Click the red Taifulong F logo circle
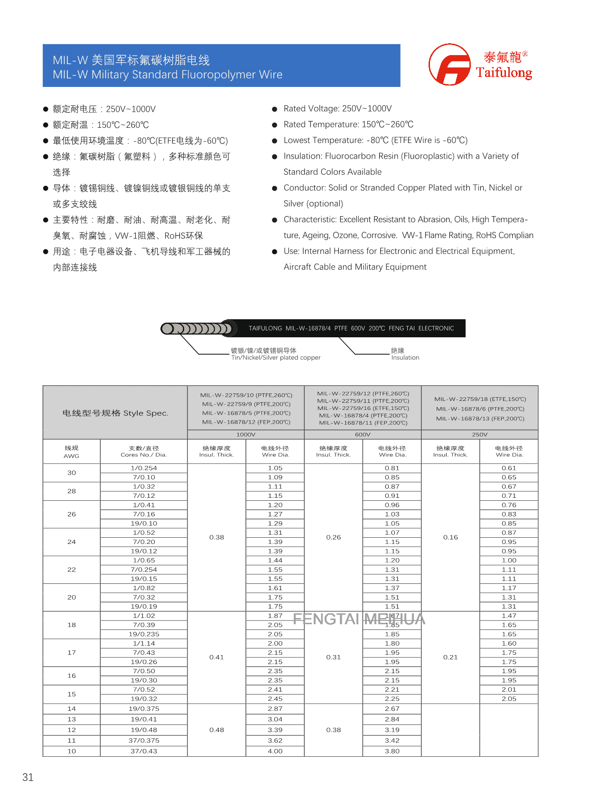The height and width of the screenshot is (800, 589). [x=449, y=65]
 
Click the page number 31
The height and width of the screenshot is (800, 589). [x=28, y=777]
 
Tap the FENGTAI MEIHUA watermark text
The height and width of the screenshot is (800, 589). [x=359, y=619]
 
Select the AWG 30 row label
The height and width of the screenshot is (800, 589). [x=72, y=473]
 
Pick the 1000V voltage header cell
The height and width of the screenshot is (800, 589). [x=246, y=435]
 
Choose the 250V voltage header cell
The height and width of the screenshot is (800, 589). [x=479, y=435]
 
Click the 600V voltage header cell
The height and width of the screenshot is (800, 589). [x=363, y=435]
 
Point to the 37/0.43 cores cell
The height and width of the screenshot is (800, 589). [x=144, y=751]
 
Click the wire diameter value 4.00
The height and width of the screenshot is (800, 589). [x=275, y=751]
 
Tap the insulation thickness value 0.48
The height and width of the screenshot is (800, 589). [x=217, y=730]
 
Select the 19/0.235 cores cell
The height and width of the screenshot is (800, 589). [x=144, y=634]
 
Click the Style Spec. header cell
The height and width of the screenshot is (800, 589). [x=115, y=413]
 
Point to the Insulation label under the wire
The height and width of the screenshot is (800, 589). [x=405, y=358]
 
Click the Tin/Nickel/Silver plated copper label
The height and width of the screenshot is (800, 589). [x=276, y=358]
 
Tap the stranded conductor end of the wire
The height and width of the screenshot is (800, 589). [x=197, y=328]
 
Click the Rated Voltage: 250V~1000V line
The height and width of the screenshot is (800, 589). [x=337, y=109]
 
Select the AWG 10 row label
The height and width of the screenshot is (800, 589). [x=72, y=751]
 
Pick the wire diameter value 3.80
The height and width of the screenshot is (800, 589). [x=392, y=751]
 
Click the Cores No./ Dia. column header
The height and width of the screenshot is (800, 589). [x=144, y=451]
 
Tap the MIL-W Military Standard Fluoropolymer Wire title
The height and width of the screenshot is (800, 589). [x=168, y=75]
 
